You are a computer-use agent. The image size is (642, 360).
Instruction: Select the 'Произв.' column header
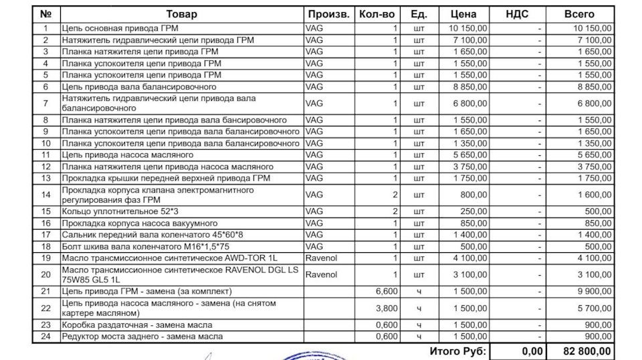(x=328, y=14)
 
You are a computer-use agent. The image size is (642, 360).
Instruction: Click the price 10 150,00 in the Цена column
(x=469, y=29)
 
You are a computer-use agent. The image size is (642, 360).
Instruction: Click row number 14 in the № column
(x=45, y=195)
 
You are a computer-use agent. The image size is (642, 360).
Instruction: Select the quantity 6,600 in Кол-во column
(x=387, y=291)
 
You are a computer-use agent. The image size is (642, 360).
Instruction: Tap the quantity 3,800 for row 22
(x=387, y=308)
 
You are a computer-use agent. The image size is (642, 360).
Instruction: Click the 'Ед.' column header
(x=419, y=14)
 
